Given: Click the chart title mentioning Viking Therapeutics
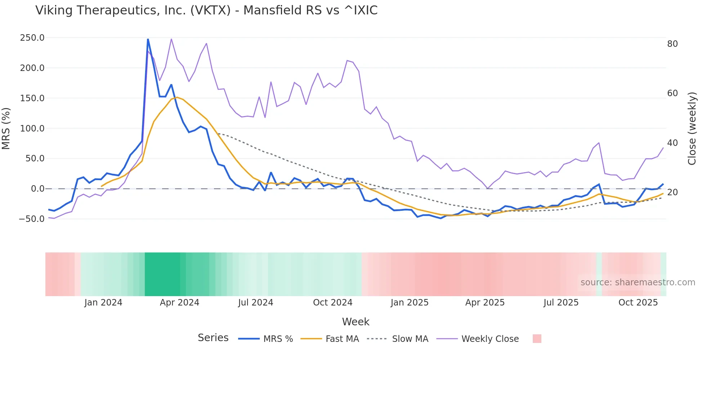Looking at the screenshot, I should tap(206, 10).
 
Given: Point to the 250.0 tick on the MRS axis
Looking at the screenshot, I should tap(32, 38).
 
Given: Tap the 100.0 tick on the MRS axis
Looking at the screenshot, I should tap(32, 129).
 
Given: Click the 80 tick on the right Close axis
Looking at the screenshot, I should tap(672, 44).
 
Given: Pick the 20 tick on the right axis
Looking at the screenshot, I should tap(672, 192).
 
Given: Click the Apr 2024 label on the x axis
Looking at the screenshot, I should tap(179, 303).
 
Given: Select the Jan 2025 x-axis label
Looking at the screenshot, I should tap(410, 303).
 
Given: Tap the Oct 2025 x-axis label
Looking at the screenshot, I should tap(638, 303).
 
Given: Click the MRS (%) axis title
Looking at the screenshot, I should tap(6, 129).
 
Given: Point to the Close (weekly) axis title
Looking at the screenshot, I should tap(692, 129).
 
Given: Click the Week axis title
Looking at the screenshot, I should tap(356, 322).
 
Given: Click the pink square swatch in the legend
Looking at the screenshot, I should tap(537, 339).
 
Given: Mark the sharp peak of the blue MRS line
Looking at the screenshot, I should tap(148, 39).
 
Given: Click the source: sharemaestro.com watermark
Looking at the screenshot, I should tap(638, 282).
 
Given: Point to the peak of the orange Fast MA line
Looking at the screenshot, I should tap(177, 97).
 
